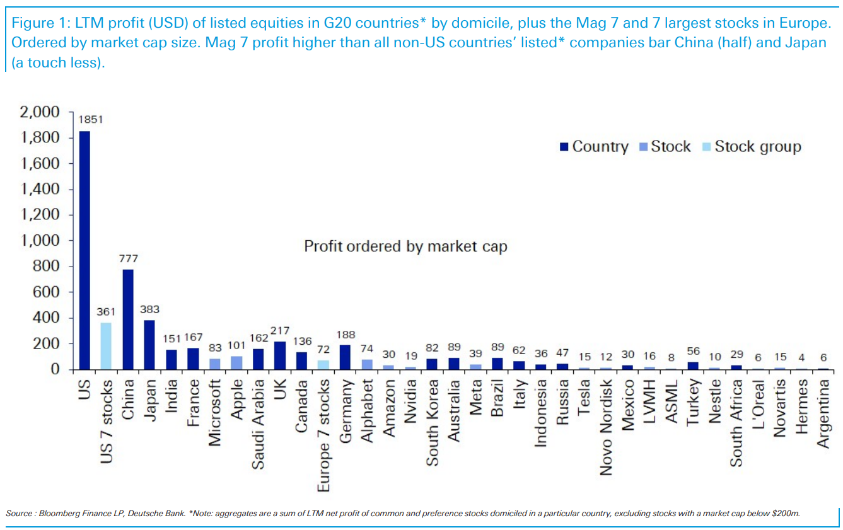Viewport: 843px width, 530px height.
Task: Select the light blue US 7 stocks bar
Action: pyautogui.click(x=106, y=346)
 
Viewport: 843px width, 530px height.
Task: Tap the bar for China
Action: pyautogui.click(x=128, y=319)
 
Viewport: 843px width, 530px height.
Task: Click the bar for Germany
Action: pyautogui.click(x=345, y=357)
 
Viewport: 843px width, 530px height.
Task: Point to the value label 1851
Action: pyautogui.click(x=90, y=120)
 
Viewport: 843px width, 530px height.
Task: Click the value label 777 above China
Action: pyautogui.click(x=128, y=258)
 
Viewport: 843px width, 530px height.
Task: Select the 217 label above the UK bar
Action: pyautogui.click(x=279, y=330)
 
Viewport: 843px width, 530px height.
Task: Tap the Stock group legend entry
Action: pyautogui.click(x=757, y=147)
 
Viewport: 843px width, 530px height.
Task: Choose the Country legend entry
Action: pyautogui.click(x=600, y=147)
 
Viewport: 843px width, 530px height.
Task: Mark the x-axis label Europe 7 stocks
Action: pyautogui.click(x=323, y=435)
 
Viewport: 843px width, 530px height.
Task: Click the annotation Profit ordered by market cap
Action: pyautogui.click(x=405, y=246)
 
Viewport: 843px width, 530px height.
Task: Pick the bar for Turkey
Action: pyautogui.click(x=693, y=366)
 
